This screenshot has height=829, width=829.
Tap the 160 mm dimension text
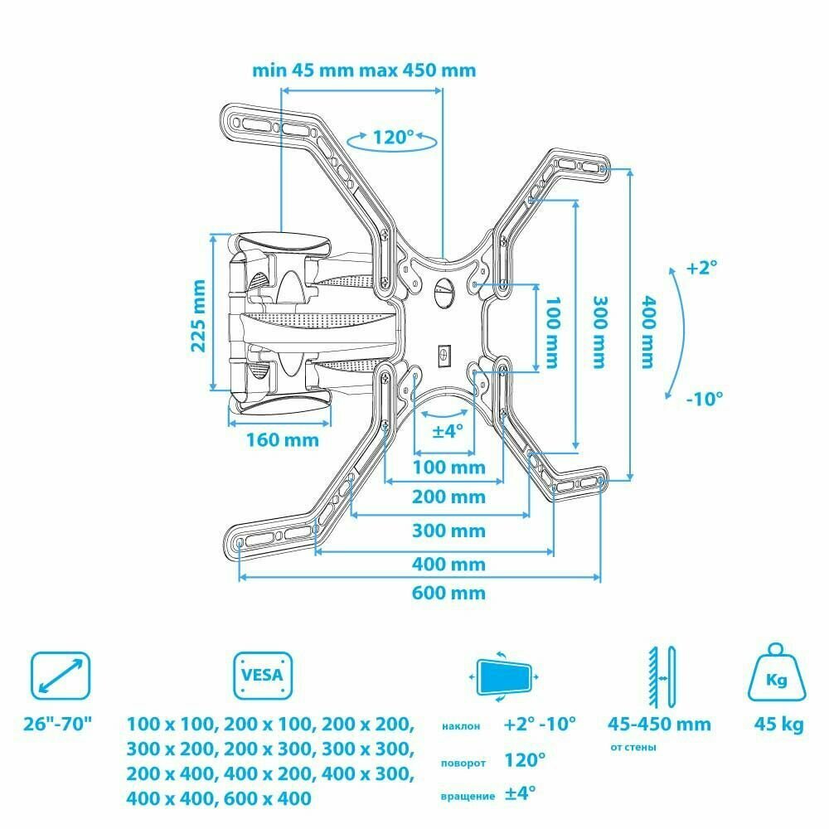click(x=282, y=439)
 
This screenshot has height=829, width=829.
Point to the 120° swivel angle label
click(x=393, y=138)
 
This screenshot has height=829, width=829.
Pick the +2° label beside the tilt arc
click(x=701, y=268)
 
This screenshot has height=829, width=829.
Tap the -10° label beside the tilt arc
click(x=705, y=397)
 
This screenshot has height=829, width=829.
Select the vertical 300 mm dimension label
click(x=599, y=332)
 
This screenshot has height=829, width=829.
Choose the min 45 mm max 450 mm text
click(x=365, y=70)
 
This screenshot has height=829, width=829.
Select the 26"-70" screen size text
click(x=58, y=725)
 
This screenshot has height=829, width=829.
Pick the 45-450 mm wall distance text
click(x=659, y=724)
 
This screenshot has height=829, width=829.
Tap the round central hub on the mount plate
click(x=443, y=292)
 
